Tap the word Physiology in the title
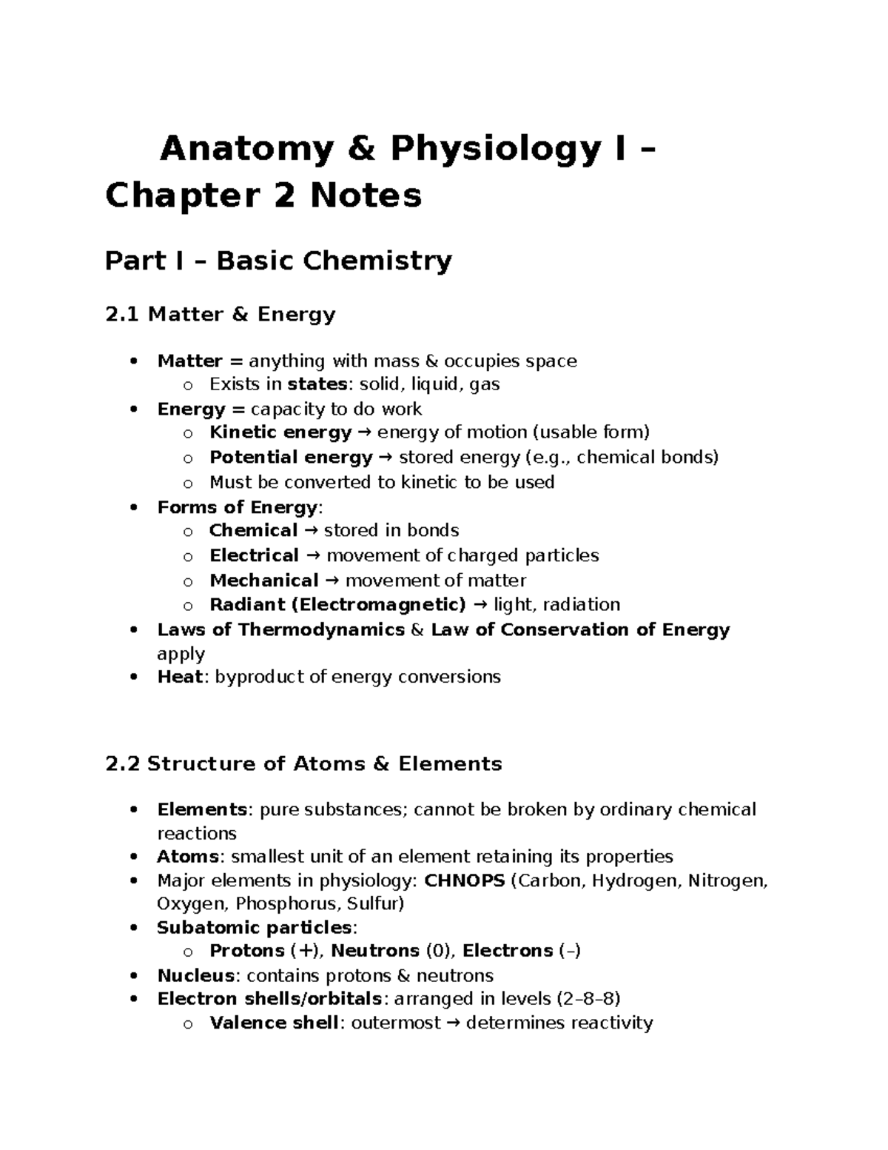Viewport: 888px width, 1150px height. pos(495,150)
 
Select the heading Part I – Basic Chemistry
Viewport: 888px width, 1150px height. pos(278,261)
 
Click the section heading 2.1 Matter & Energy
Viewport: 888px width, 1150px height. pos(221,315)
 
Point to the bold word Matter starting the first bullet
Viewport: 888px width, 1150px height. pos(189,361)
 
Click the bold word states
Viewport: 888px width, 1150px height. pos(317,384)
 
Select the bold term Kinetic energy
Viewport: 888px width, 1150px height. pos(280,432)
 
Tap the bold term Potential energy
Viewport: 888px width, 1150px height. pos(291,458)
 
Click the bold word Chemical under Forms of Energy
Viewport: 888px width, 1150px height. pos(253,531)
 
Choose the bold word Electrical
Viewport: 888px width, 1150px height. pos(254,555)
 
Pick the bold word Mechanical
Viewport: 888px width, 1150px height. pos(263,581)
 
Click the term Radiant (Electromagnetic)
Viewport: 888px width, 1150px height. pos(337,605)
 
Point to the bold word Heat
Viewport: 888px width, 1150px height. pos(180,677)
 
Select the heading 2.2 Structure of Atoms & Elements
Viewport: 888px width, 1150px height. pos(303,764)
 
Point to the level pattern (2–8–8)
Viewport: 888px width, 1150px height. pos(588,999)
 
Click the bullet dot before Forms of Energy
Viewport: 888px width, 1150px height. pos(133,508)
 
